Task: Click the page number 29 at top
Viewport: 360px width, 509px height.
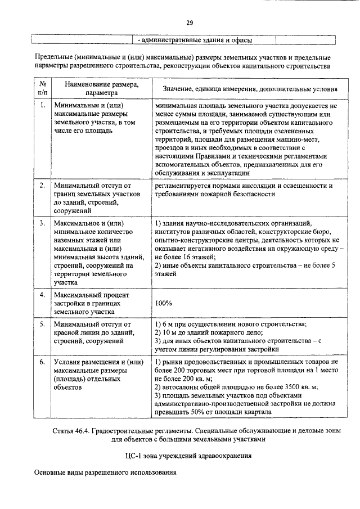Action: coord(190,22)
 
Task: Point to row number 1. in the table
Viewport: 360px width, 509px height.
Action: coord(43,105)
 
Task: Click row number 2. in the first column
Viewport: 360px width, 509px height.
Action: coord(43,185)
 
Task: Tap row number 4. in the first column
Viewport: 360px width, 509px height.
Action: coord(43,295)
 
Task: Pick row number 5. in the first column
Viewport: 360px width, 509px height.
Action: coord(43,325)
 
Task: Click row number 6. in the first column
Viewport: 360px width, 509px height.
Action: coord(43,362)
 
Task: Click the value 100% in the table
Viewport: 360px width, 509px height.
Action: coord(163,303)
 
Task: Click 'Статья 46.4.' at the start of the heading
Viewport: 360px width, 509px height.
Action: coord(71,431)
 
